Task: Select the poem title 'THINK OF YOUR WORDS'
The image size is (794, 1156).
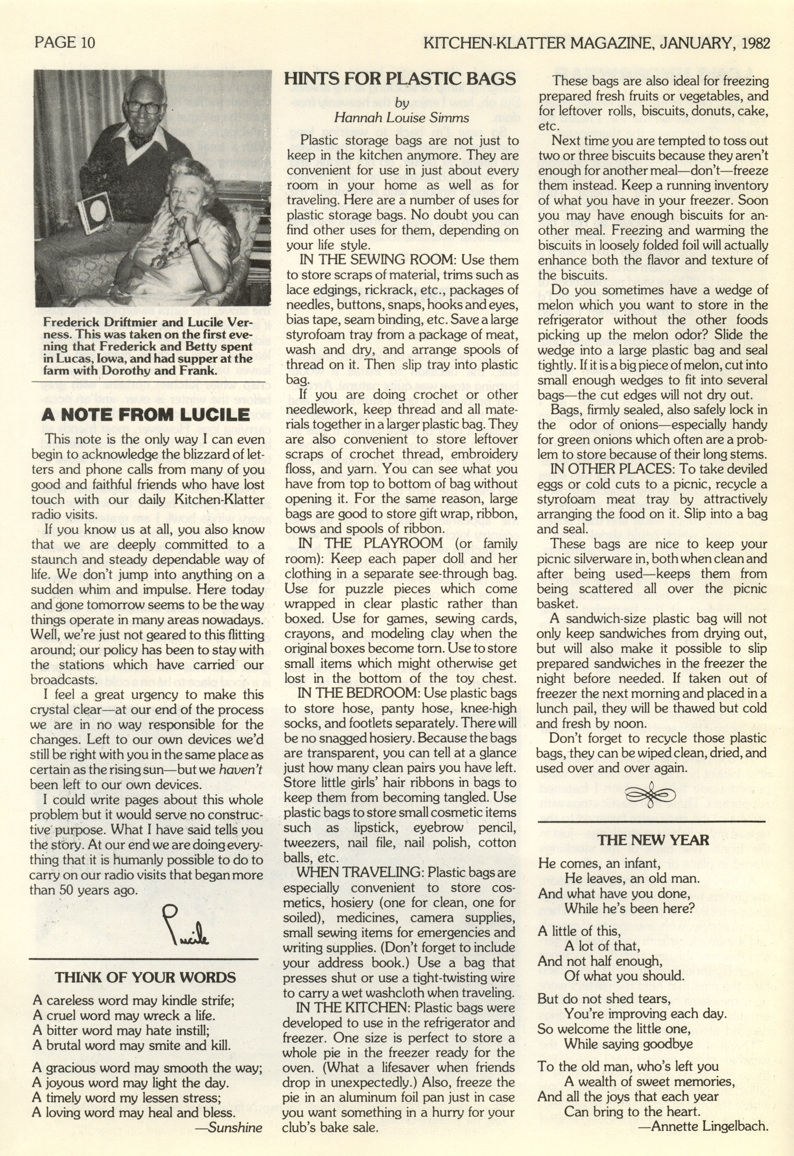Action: point(145,977)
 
